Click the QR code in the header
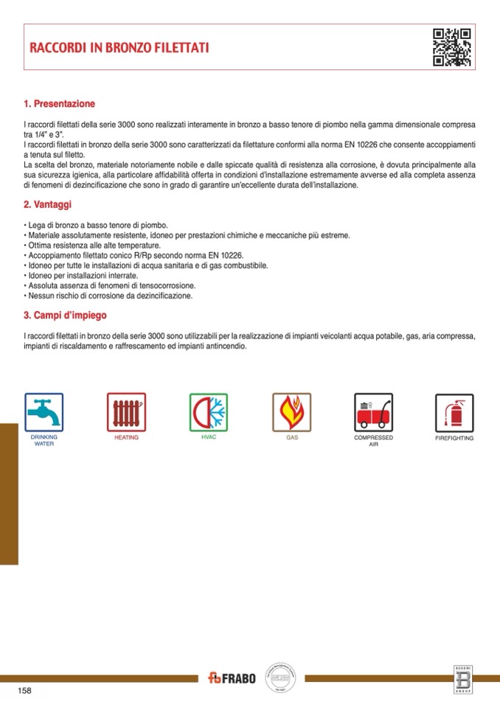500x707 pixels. [x=451, y=47]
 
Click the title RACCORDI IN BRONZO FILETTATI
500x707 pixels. [x=119, y=48]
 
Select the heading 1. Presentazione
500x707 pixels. [x=60, y=104]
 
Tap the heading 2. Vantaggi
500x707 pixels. [x=47, y=204]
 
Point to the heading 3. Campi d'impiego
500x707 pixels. [x=65, y=315]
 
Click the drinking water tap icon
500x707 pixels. [x=44, y=412]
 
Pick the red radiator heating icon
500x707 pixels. [x=126, y=412]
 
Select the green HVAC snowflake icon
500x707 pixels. [x=209, y=412]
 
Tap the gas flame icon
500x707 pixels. [x=292, y=412]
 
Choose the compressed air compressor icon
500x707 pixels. [x=373, y=412]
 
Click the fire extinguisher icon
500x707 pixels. [x=454, y=412]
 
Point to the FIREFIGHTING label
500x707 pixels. [x=454, y=438]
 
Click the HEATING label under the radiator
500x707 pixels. [x=126, y=437]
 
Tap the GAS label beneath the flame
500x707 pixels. [x=292, y=437]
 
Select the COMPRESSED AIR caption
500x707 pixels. [x=373, y=441]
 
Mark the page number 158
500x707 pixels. [x=24, y=691]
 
